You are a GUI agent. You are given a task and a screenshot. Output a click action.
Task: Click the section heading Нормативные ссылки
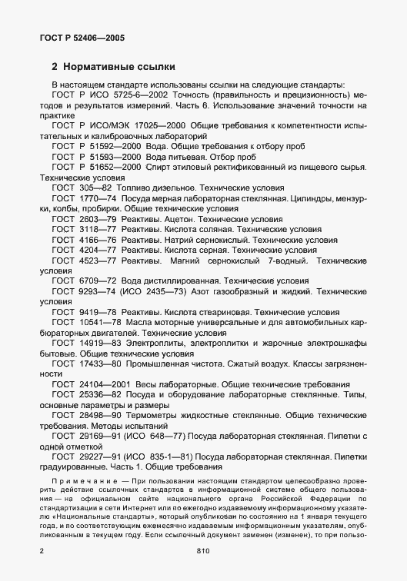click(x=115, y=67)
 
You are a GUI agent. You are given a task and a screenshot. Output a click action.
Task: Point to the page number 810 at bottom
click(x=203, y=551)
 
